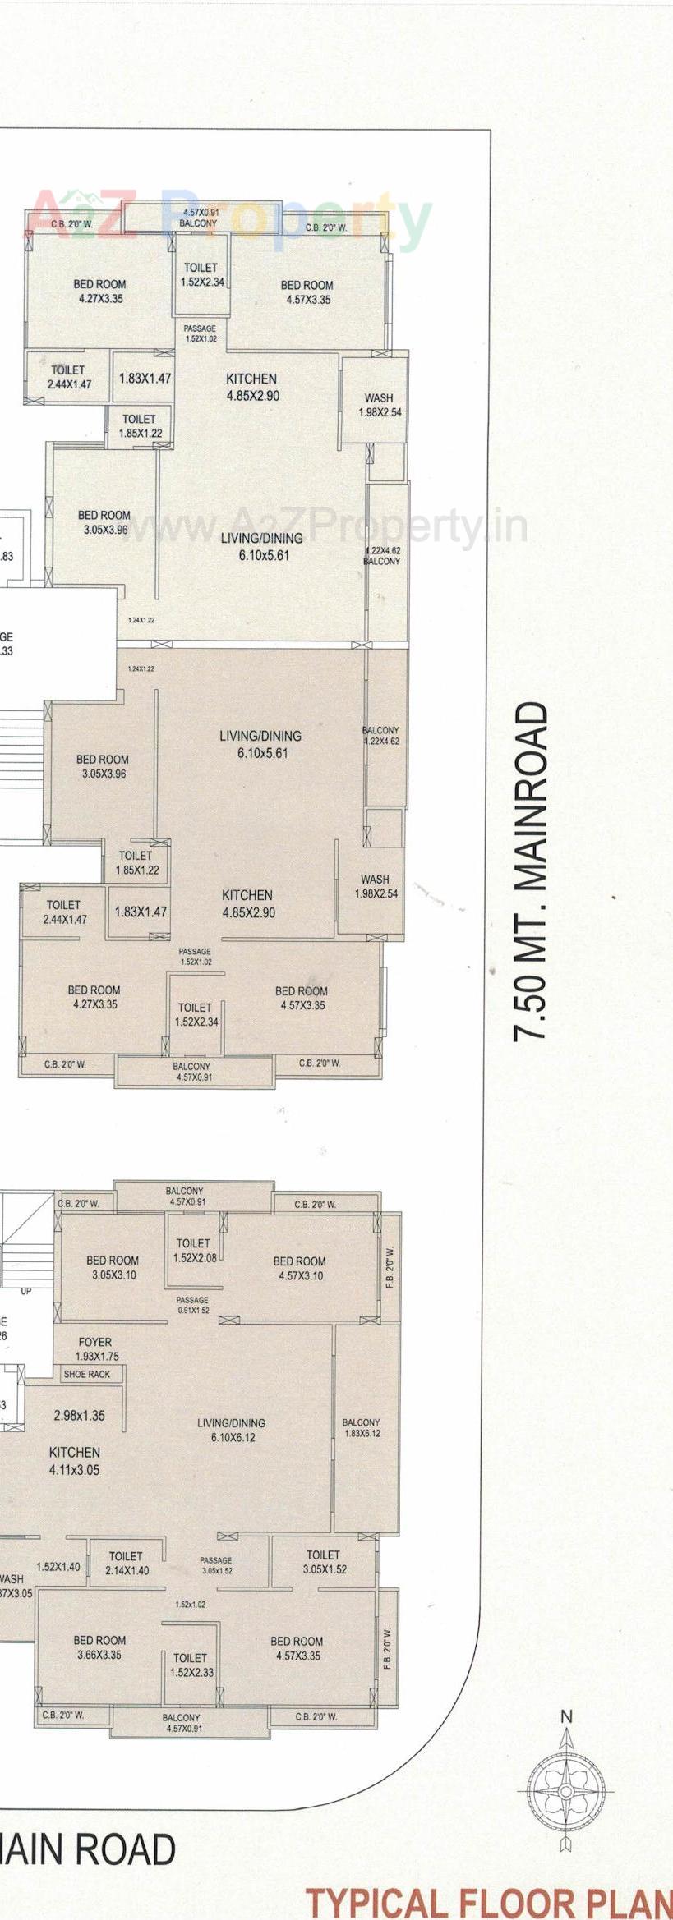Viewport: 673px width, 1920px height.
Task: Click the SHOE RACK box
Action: (87, 1374)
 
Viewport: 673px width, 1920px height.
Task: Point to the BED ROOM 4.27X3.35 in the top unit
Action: (100, 292)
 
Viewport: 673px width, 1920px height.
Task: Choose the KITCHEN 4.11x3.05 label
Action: (75, 1461)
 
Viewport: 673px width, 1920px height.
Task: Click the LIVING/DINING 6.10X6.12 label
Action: (231, 1430)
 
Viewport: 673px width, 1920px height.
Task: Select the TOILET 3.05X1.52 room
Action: (324, 1561)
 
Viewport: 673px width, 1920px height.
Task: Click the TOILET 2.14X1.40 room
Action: (127, 1563)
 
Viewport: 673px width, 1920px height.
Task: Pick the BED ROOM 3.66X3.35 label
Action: (99, 1647)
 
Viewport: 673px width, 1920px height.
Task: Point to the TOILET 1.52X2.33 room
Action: (191, 1665)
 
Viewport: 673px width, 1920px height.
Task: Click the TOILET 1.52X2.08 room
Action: (194, 1250)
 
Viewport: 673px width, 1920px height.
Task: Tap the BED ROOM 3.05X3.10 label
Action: (113, 1267)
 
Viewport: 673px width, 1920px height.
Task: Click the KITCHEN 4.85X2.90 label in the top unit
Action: (251, 387)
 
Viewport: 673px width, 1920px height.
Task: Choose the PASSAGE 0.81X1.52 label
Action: (193, 1305)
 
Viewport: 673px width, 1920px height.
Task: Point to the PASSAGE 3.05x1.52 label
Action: (216, 1565)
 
